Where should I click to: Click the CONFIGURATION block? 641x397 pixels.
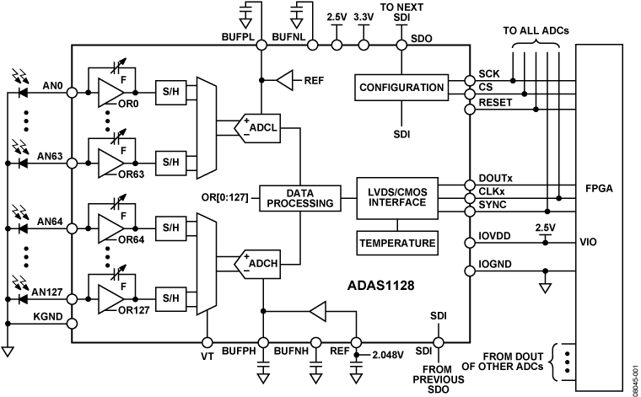(x=401, y=88)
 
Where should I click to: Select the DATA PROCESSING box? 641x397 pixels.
(x=300, y=198)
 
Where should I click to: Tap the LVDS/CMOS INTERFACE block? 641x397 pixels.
(x=398, y=198)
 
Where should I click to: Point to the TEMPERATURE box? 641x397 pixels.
(x=398, y=244)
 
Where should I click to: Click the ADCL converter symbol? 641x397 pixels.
(x=258, y=127)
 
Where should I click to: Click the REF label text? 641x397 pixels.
(x=314, y=81)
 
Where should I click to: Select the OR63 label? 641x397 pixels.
(x=131, y=175)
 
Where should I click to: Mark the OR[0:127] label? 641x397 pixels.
(x=224, y=198)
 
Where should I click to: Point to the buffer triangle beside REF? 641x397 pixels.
(x=284, y=80)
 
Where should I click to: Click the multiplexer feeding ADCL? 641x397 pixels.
(x=207, y=126)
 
